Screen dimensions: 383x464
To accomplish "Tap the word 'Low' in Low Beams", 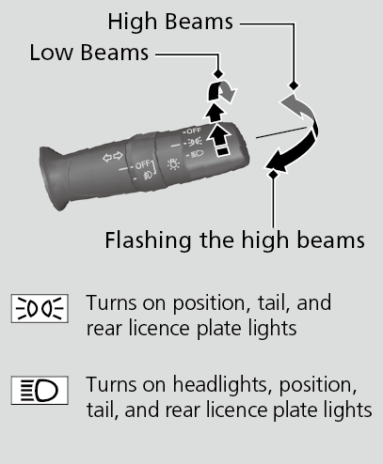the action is pyautogui.click(x=51, y=53).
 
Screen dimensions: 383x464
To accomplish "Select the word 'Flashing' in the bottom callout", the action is pyautogui.click(x=148, y=240).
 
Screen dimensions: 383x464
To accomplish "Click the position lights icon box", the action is pyautogui.click(x=40, y=308).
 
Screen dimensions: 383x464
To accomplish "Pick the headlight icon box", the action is pyautogui.click(x=40, y=391).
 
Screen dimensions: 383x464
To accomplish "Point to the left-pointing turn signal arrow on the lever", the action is pyautogui.click(x=107, y=158).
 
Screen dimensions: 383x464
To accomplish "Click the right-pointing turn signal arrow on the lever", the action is pyautogui.click(x=119, y=155).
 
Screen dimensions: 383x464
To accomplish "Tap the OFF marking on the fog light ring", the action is pyautogui.click(x=142, y=164).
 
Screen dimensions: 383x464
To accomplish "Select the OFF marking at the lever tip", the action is pyautogui.click(x=193, y=131).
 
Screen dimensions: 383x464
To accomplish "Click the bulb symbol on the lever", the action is pyautogui.click(x=173, y=163).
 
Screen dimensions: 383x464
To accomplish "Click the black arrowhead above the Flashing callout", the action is pyautogui.click(x=276, y=162).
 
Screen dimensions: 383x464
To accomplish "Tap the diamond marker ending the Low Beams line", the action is pyautogui.click(x=218, y=74).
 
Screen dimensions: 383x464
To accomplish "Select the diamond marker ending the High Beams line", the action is pyautogui.click(x=294, y=85).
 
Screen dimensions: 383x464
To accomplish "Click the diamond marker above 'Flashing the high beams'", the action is pyautogui.click(x=273, y=174).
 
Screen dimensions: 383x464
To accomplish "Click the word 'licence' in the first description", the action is pyautogui.click(x=159, y=329).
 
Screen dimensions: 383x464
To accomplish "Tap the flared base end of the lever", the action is pyautogui.click(x=55, y=178).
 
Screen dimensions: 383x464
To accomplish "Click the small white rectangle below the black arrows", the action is pyautogui.click(x=223, y=151).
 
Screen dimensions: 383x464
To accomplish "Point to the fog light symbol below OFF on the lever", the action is pyautogui.click(x=148, y=176).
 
